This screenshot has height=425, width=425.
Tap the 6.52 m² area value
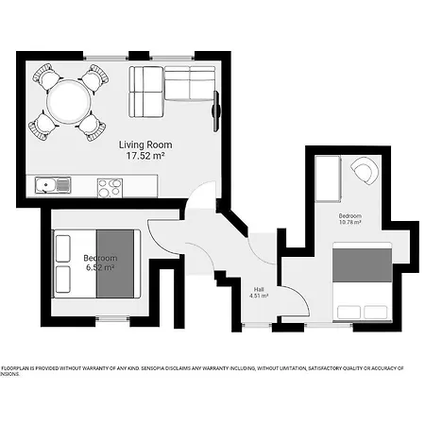[x=100, y=268]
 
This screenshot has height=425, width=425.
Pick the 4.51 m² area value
[x=259, y=297]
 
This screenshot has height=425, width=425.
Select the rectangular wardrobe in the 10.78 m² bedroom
[x=327, y=179]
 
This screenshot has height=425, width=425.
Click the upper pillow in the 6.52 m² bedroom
[x=64, y=247]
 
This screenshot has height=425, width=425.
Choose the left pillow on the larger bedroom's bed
[x=348, y=312]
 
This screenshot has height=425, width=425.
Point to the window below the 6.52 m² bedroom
[x=112, y=321]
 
